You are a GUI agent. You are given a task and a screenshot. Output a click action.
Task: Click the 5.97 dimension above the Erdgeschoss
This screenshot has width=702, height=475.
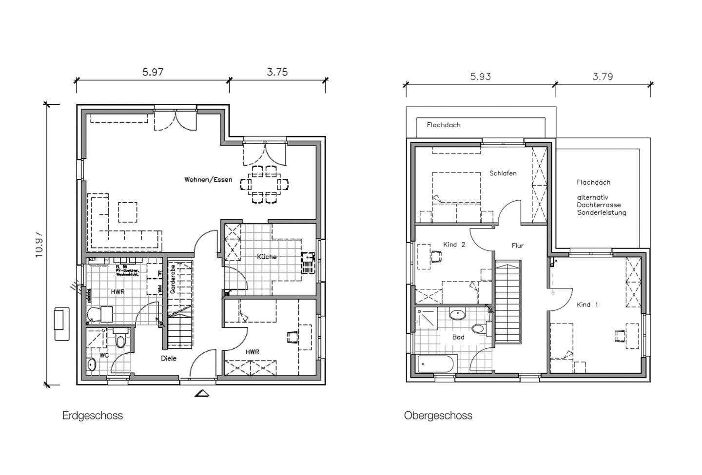[x=153, y=73]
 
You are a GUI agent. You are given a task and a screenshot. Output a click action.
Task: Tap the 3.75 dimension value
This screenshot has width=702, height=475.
[x=277, y=73]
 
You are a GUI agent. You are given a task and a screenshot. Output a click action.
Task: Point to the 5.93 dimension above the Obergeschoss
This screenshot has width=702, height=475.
[x=480, y=76]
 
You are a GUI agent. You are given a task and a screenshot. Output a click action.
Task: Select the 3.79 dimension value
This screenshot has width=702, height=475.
[x=603, y=76]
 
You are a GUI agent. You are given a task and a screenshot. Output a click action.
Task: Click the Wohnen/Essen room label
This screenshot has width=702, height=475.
[x=208, y=180]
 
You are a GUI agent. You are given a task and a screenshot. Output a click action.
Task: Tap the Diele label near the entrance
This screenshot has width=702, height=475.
[x=169, y=359]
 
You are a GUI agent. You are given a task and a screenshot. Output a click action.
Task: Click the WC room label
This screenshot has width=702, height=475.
[x=104, y=355]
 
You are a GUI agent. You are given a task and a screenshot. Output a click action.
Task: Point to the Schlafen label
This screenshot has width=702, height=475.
[x=503, y=173]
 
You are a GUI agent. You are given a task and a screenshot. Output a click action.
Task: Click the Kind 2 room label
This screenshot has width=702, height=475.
[x=454, y=245]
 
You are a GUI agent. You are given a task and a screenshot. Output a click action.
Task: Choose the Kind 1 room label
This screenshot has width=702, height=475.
[x=587, y=305]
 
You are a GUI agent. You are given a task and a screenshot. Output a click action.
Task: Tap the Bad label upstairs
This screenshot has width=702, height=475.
[x=458, y=337]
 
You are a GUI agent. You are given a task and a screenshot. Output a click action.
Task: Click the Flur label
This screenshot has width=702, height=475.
[x=517, y=246]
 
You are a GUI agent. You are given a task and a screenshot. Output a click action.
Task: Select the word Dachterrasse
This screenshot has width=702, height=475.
[x=599, y=205]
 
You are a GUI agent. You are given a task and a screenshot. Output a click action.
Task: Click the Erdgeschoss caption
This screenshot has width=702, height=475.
[x=93, y=416]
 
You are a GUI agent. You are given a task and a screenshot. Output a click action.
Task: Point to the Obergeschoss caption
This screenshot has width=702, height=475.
[x=438, y=416]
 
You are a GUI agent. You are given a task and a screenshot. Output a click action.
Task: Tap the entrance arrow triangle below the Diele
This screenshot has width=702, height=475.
[x=202, y=393]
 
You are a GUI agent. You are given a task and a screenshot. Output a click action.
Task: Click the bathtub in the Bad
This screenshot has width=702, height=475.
[x=437, y=363]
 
